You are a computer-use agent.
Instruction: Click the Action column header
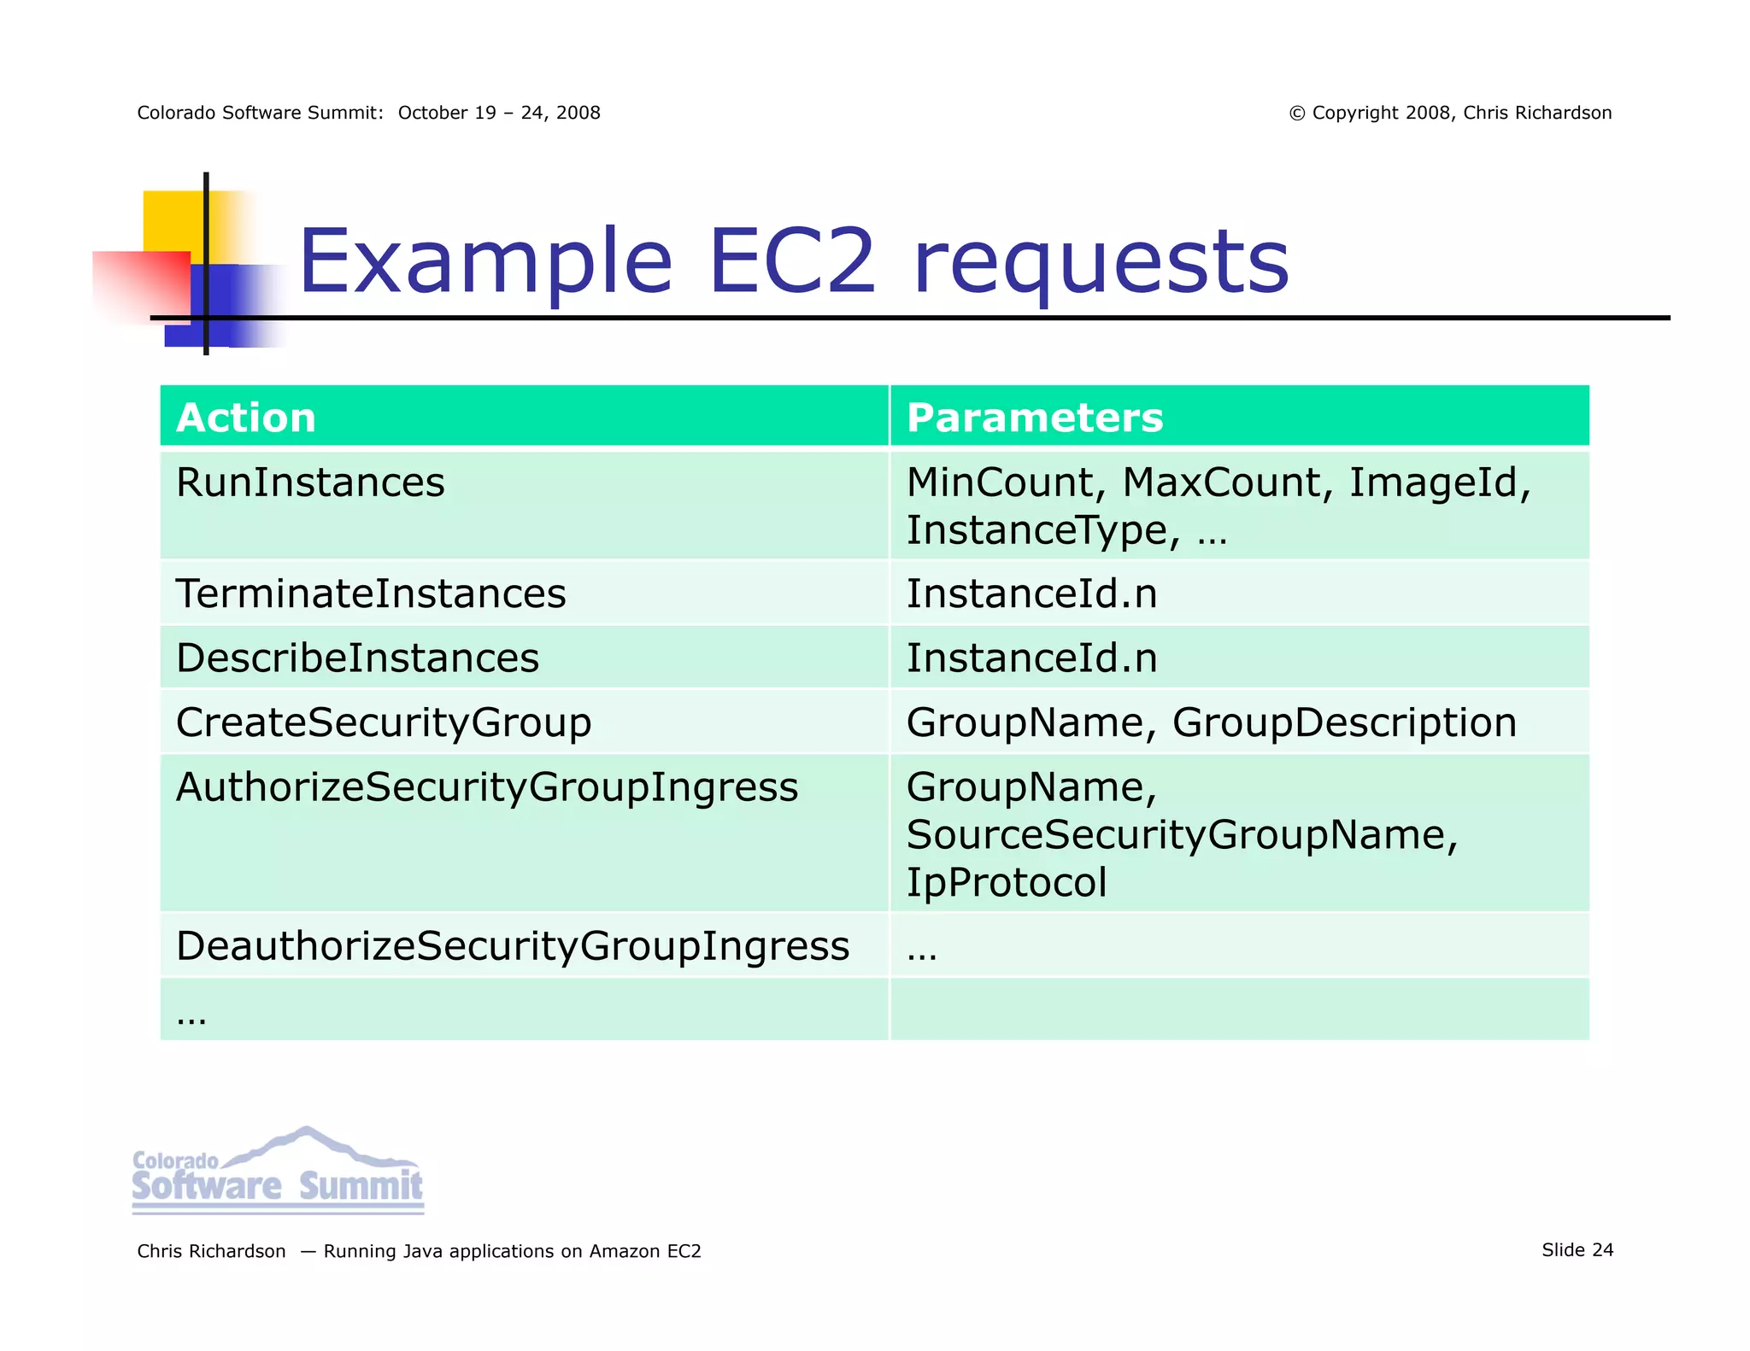(x=246, y=418)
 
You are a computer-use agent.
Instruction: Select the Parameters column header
(x=1034, y=418)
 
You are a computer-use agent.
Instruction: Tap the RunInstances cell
(x=310, y=482)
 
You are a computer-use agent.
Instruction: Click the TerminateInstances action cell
(x=371, y=594)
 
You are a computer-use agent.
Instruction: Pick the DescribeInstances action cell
(x=357, y=658)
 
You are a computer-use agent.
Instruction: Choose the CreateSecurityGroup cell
(x=384, y=722)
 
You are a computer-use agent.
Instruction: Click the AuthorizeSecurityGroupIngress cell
(x=487, y=787)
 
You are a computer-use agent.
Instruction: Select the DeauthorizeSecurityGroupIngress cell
(x=513, y=946)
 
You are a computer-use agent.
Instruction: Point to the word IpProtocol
(x=1006, y=883)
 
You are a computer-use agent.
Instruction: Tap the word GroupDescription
(x=1344, y=722)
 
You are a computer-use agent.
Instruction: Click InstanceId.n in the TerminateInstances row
(x=1031, y=594)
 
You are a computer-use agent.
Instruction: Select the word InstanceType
(x=1036, y=530)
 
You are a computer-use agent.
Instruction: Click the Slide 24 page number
(x=1577, y=1250)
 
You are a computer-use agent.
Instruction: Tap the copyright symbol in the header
(x=1296, y=114)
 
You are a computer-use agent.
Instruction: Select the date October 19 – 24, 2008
(x=499, y=113)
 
